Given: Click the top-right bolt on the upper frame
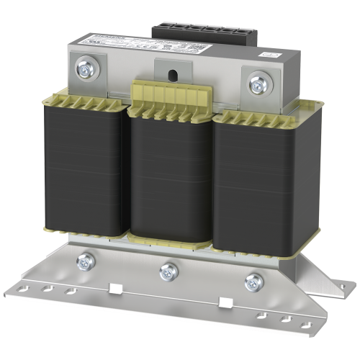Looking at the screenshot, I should click(257, 85).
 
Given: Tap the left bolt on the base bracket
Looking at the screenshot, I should click(89, 262).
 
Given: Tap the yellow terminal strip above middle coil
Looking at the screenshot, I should click(171, 96).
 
